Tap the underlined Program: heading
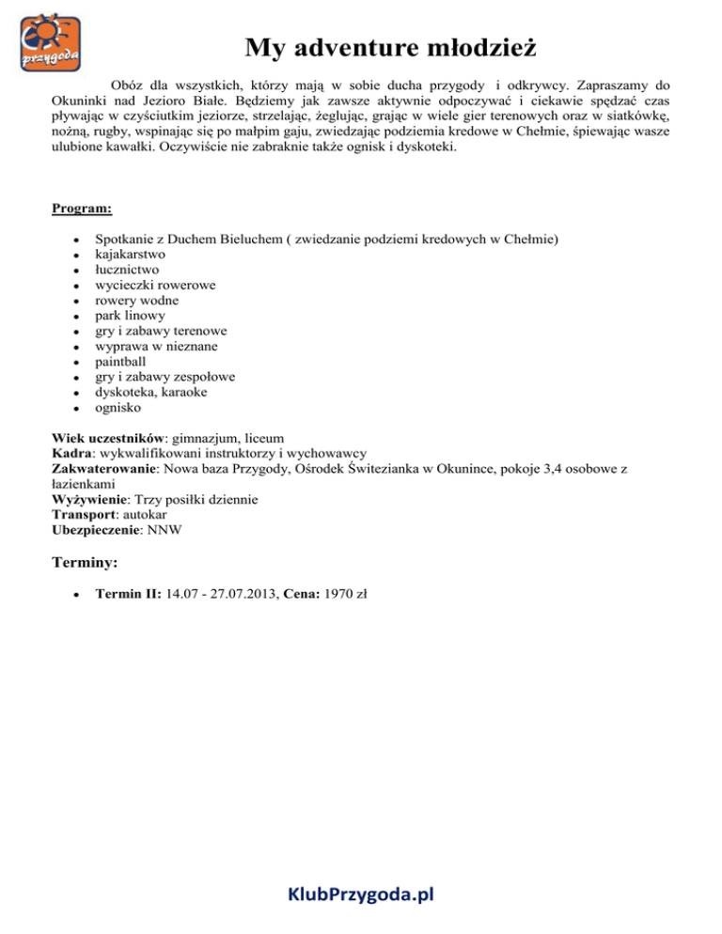pos(83,208)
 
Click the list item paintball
pos(122,362)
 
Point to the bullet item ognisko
pos(119,408)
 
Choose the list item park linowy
pos(129,316)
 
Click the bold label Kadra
pos(71,452)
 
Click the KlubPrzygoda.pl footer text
pos(360,894)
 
